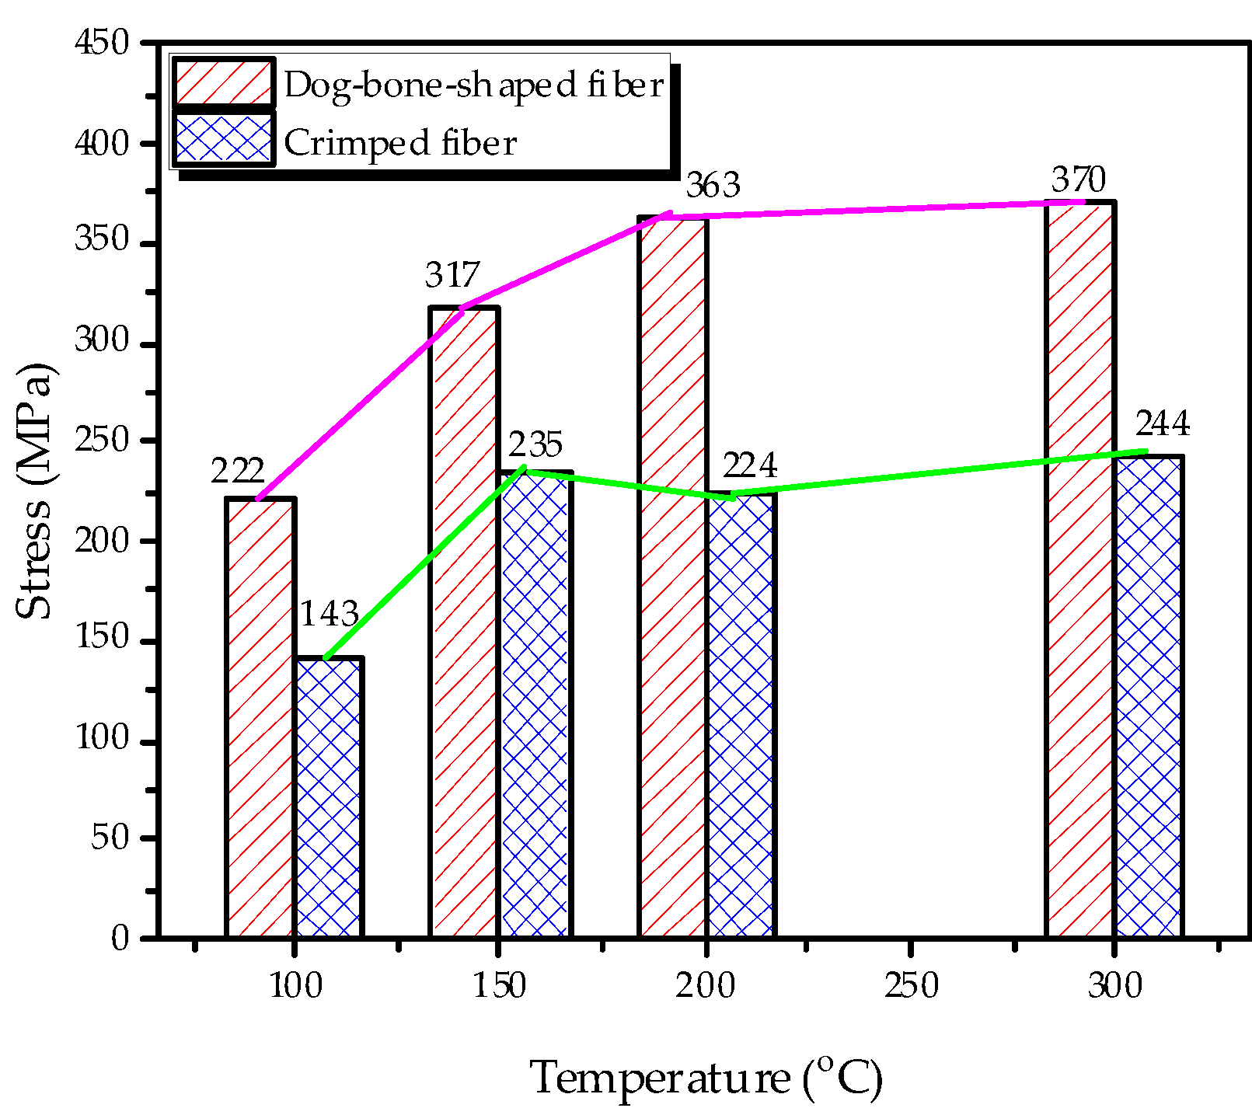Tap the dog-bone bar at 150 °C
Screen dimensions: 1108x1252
464,622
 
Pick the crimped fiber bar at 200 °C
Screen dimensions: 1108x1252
741,715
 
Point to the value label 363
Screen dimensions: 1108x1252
712,186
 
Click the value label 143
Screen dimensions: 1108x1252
329,615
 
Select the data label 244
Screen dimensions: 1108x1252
1162,424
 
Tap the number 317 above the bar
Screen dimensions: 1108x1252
452,276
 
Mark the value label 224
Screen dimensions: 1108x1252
749,465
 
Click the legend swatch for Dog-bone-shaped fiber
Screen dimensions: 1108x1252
223,82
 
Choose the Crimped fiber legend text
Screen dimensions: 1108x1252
399,143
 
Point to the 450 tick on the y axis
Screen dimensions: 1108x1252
101,43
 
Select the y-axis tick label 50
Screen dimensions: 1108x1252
110,838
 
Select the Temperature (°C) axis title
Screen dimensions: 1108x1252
706,1078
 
